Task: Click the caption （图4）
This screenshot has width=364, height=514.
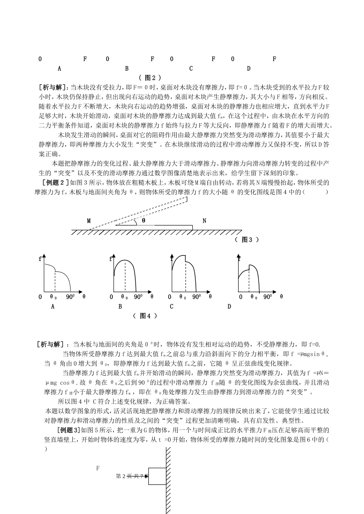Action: tap(145, 316)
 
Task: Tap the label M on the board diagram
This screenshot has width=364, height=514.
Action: tap(89, 221)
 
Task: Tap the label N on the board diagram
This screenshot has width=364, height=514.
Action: tap(204, 221)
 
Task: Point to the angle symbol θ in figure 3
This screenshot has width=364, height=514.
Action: tap(144, 220)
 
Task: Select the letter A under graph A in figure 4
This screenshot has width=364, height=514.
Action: tap(53, 306)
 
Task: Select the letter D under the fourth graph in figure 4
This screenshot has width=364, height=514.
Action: tap(230, 306)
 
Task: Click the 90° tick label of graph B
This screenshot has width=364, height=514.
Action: tap(138, 296)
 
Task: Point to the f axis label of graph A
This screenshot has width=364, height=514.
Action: tap(40, 259)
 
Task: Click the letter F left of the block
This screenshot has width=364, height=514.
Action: tap(98, 468)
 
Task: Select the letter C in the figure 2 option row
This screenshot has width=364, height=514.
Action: tap(191, 69)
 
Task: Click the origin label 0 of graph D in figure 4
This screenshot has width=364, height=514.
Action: tap(241, 297)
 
